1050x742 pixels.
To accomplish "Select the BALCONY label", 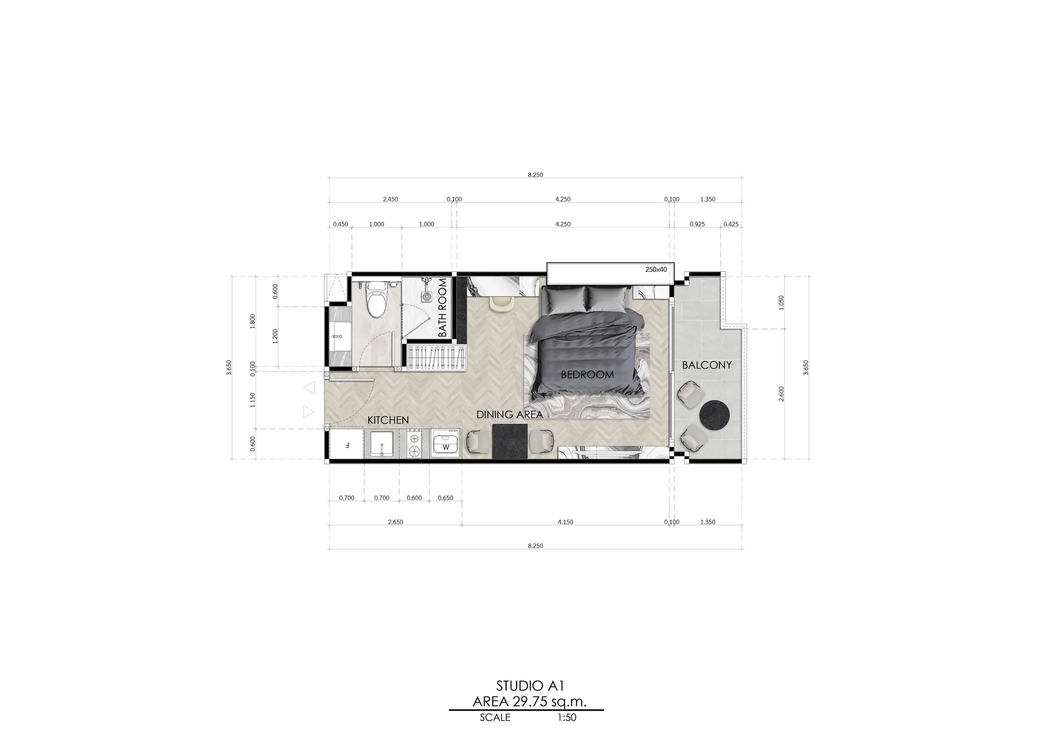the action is [707, 365].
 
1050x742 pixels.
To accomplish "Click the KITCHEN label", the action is [388, 420].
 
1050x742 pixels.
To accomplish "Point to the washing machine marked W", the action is [445, 444].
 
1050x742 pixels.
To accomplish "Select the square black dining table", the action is [510, 441].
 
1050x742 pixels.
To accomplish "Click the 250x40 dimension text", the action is [656, 270].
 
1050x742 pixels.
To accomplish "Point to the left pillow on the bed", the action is [564, 299].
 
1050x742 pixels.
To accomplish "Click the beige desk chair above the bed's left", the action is [500, 303].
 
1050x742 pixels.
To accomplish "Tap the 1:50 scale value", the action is [566, 718].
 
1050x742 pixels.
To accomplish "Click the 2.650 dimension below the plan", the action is [395, 522].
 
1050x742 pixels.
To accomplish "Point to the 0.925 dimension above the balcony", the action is [697, 224].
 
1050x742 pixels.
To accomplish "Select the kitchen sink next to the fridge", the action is [381, 444].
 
